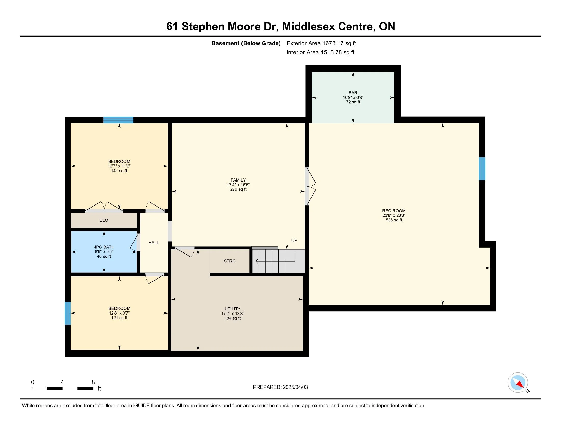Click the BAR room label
(x=353, y=93)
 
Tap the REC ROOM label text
(x=394, y=211)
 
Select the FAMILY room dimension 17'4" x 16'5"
(x=238, y=185)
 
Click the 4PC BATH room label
(x=104, y=247)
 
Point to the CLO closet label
(x=104, y=220)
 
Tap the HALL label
(x=154, y=243)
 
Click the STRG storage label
(x=230, y=261)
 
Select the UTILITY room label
(x=233, y=309)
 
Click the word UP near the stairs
(x=294, y=240)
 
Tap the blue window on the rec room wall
(x=482, y=169)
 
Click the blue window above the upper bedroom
(x=118, y=120)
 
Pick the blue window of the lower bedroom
(x=68, y=313)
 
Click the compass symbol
(x=518, y=382)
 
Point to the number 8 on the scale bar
(x=93, y=382)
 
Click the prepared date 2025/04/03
(x=295, y=387)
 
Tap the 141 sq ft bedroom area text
(x=119, y=171)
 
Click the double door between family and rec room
(x=310, y=186)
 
